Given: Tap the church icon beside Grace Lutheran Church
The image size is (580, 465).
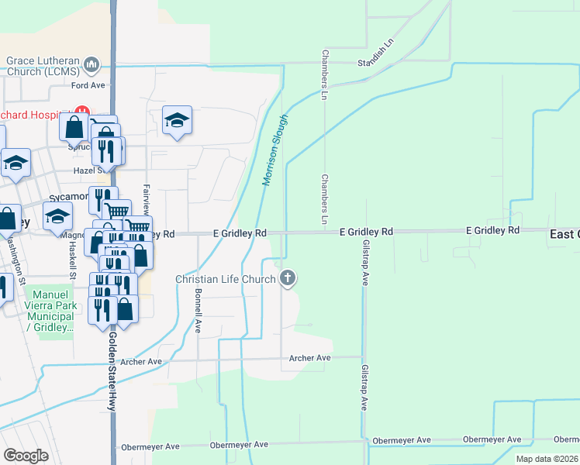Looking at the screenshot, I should click(x=92, y=64).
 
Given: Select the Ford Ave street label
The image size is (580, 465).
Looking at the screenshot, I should click(x=88, y=85).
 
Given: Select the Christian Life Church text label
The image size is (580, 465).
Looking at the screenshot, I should click(x=226, y=279).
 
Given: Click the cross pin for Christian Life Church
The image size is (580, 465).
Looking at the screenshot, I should click(x=288, y=277).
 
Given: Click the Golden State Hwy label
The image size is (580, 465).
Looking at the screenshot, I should click(x=112, y=368).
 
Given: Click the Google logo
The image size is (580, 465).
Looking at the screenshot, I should click(x=26, y=456).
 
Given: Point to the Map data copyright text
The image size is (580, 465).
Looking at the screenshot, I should click(x=547, y=459).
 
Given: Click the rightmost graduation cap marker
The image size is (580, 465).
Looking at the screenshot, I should click(x=177, y=120).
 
